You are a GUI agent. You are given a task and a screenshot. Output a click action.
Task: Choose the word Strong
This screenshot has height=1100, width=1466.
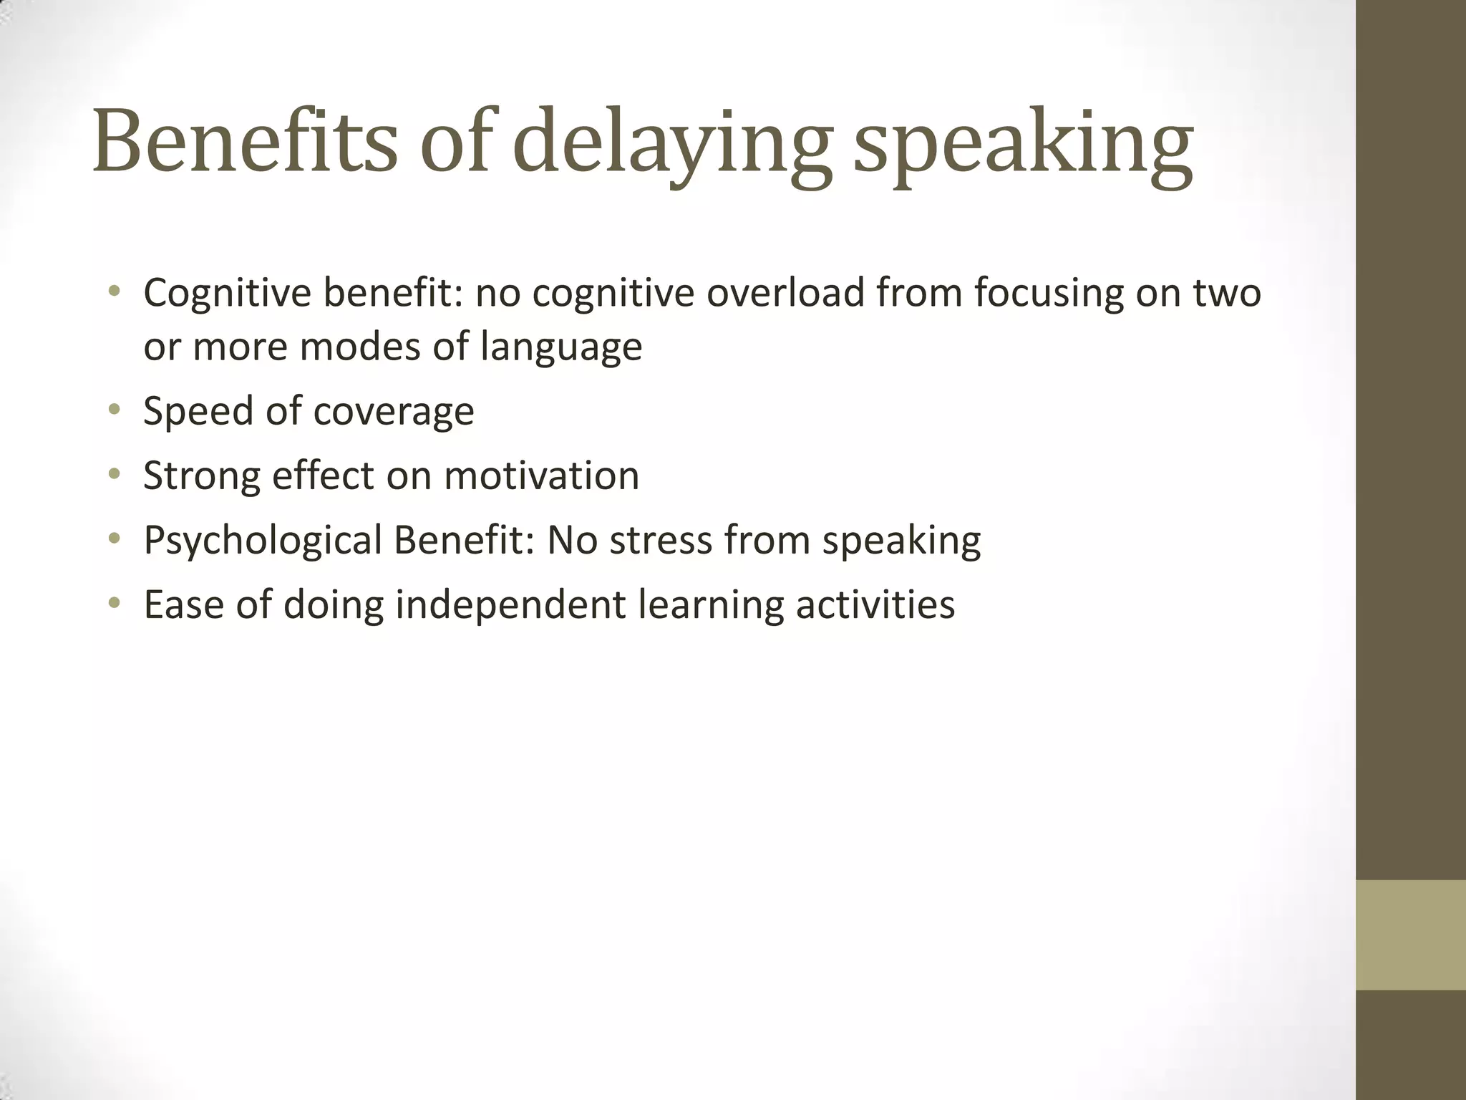[x=201, y=477]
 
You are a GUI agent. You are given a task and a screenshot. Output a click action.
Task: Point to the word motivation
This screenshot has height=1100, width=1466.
[x=541, y=476]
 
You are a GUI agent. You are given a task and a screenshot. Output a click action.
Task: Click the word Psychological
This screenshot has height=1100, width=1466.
[x=263, y=541]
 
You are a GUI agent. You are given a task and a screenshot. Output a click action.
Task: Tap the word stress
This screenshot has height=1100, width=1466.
[x=660, y=541]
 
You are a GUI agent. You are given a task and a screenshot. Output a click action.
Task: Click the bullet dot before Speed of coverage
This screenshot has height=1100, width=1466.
[x=113, y=410]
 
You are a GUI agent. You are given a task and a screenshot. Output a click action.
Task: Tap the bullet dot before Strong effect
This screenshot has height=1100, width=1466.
[x=113, y=475]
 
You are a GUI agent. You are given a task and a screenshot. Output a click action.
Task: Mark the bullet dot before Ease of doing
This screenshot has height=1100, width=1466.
[x=113, y=604]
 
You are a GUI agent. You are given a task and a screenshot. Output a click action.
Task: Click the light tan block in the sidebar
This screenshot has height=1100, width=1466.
[x=1411, y=935]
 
